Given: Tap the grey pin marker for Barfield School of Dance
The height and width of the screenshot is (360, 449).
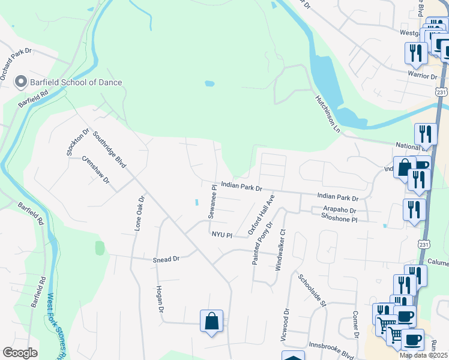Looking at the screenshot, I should [x=21, y=82].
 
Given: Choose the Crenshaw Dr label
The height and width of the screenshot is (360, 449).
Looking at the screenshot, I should [x=97, y=170].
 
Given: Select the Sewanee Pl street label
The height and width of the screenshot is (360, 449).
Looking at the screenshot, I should [x=212, y=202].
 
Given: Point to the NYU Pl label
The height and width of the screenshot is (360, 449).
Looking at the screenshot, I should [x=221, y=235].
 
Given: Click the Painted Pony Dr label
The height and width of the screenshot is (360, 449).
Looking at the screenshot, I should [x=263, y=243].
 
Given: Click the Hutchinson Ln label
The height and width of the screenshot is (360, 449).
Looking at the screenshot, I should [x=328, y=113].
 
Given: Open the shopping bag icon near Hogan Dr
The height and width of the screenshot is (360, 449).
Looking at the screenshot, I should [x=212, y=320].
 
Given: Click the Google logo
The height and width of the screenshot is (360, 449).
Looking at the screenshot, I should [x=20, y=353].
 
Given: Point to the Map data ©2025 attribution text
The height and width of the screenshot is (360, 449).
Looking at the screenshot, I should [x=424, y=355].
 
